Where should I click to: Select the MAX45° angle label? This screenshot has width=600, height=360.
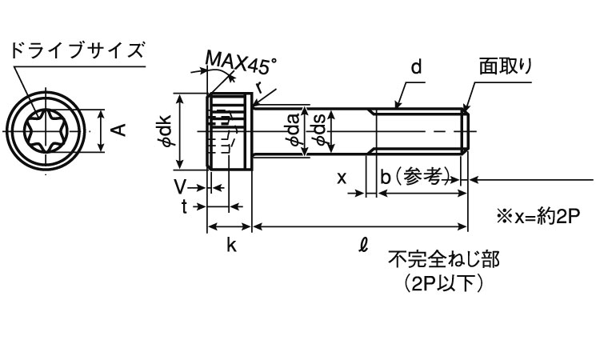(x=241, y=61)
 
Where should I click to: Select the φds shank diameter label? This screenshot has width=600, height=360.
(x=319, y=130)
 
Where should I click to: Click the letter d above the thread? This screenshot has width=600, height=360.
(x=416, y=69)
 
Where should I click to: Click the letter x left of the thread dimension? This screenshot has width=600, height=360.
(x=342, y=178)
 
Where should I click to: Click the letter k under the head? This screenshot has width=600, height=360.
(x=230, y=246)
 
